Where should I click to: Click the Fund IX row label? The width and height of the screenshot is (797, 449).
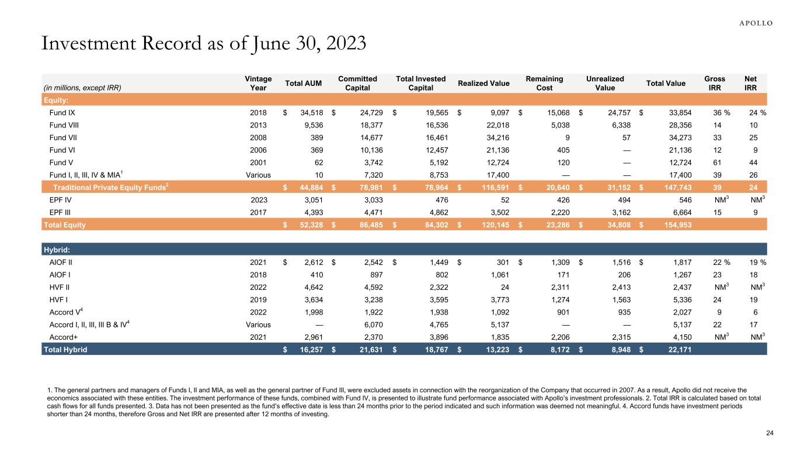(62, 112)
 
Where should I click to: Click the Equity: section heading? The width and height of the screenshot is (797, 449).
(58, 99)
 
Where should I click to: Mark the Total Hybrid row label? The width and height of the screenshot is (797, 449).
(66, 349)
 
